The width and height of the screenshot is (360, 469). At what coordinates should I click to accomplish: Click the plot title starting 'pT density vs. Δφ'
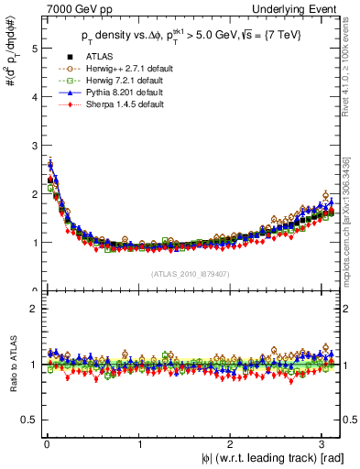click(x=191, y=36)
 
